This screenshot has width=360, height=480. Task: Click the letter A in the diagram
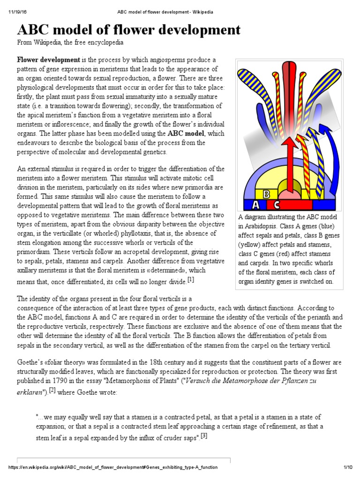[x=255, y=204]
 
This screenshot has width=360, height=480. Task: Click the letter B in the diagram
[x=266, y=194]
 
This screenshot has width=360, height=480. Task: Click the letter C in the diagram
[x=277, y=204]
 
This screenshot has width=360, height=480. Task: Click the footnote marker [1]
[x=190, y=280]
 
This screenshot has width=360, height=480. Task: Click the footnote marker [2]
[x=52, y=390]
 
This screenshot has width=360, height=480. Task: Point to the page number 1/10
[x=347, y=467]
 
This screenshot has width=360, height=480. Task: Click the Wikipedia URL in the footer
[x=112, y=467]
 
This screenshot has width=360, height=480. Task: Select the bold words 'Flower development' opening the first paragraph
[x=48, y=60]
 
